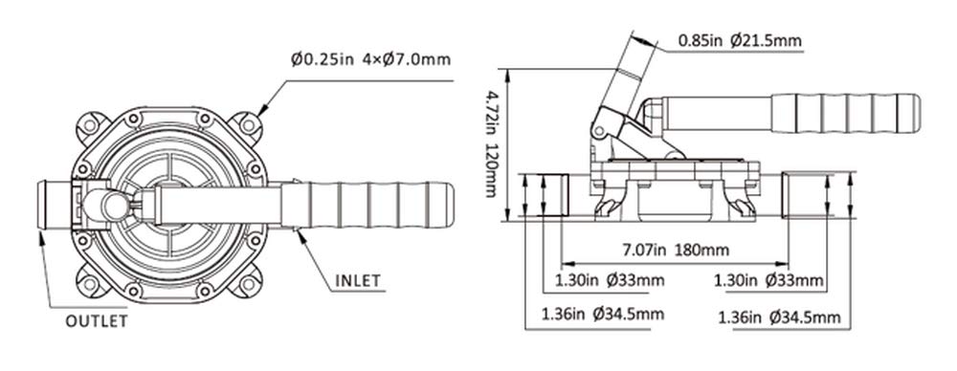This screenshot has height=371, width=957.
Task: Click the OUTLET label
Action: tap(97, 321)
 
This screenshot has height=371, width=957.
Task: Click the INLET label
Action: tap(358, 281)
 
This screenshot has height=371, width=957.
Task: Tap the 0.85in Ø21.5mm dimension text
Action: tap(740, 41)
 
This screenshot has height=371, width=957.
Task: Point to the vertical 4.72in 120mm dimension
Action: tap(491, 144)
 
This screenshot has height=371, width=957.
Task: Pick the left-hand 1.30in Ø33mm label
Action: tap(609, 281)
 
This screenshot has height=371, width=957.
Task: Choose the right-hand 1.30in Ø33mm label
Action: tap(769, 281)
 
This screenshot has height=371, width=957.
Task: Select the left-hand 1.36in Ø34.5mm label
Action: tap(603, 315)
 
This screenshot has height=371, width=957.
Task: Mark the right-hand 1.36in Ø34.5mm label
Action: tap(780, 317)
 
